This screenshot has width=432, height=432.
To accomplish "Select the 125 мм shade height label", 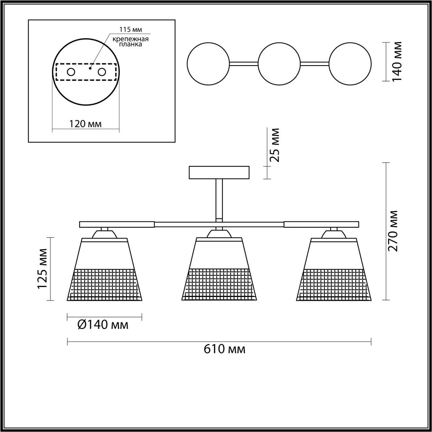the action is (42, 272).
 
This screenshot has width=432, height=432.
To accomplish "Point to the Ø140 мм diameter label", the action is (103, 325).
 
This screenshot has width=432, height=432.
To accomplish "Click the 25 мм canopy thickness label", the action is (274, 145).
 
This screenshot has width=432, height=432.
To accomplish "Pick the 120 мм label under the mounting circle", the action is (85, 124).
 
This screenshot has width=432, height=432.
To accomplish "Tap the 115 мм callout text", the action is (131, 30).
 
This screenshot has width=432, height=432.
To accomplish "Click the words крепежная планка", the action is (130, 42).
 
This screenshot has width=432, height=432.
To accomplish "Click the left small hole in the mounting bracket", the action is (71, 72).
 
